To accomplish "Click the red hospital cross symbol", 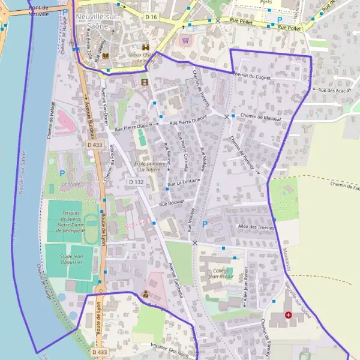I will pyautogui.click(x=289, y=315).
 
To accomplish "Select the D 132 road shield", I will pyautogui.click(x=135, y=181).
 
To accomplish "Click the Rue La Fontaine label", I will pyautogui.click(x=183, y=182).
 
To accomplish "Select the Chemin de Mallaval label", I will pyautogui.click(x=260, y=118).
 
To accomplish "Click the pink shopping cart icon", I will pyautogui.click(x=185, y=41).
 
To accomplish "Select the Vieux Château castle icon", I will pyautogui.click(x=145, y=47).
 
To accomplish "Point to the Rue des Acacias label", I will pyautogui.click(x=334, y=91).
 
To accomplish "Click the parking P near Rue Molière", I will pyautogui.click(x=205, y=224).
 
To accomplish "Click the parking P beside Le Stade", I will pyautogui.click(x=62, y=173).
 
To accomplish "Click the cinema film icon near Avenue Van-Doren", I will pyautogui.click(x=144, y=82).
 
